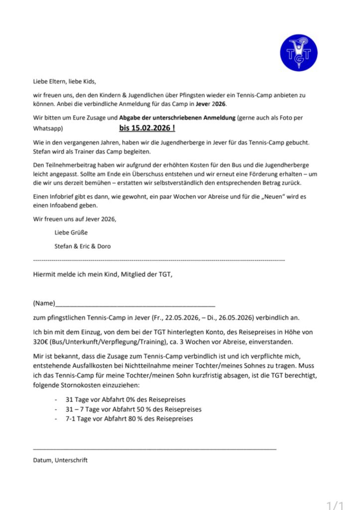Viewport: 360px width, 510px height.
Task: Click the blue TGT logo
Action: [299, 52]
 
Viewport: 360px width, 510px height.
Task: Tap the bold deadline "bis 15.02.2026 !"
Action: [147, 128]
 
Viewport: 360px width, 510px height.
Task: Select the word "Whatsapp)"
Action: [47, 128]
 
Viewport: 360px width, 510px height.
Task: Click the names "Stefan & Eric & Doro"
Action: [83, 246]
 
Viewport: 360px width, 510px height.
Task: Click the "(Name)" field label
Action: [43, 303]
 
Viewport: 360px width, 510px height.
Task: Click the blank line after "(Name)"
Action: [134, 304]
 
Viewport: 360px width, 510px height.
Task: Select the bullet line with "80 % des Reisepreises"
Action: [129, 419]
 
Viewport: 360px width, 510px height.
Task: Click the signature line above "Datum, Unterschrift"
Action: [154, 449]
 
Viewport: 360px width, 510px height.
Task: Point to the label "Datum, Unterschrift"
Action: [60, 460]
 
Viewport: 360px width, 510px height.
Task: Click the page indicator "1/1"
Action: [335, 505]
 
